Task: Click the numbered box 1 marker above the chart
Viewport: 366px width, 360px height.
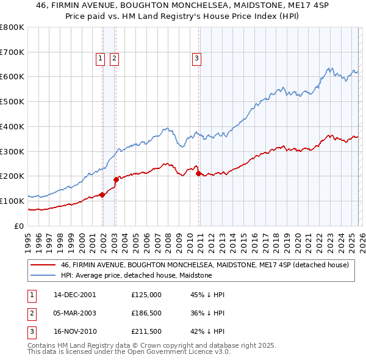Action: [99, 59]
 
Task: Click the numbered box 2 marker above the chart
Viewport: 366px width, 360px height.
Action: [114, 59]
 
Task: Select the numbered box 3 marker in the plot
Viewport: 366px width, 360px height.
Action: [197, 59]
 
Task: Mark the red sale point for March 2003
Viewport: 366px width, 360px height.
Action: [116, 179]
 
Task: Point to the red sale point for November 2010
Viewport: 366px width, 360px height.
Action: [199, 173]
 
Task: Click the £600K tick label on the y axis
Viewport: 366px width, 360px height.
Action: [12, 77]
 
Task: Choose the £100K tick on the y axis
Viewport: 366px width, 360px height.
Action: [12, 201]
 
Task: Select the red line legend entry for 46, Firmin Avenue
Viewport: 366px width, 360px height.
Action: [204, 265]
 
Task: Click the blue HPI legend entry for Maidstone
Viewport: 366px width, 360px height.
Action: [136, 275]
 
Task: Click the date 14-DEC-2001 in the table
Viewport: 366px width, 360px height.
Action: [75, 295]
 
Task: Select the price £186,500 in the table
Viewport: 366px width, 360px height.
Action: [146, 312]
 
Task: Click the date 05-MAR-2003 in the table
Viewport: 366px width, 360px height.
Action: [75, 312]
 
